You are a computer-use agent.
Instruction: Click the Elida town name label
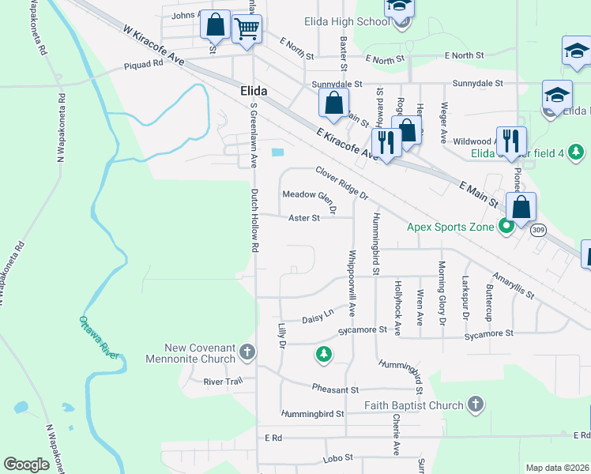253,92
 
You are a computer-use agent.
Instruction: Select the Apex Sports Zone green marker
506,227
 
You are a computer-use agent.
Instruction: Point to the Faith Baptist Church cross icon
475,405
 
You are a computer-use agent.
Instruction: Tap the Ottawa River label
99,337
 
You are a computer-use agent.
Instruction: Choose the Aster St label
303,218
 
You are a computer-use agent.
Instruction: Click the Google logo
27,465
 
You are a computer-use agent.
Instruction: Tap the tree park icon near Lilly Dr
323,355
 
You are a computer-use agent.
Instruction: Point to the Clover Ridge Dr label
341,182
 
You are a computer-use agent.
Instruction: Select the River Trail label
222,381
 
